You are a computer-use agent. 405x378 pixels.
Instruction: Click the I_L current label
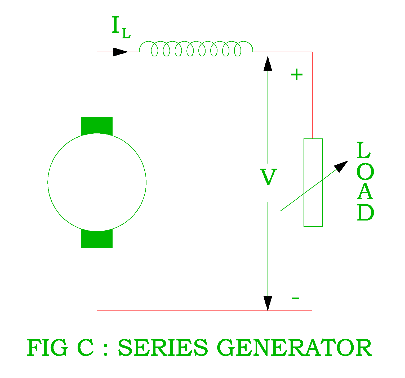(121, 27)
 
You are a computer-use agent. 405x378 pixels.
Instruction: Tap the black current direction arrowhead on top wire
(120, 52)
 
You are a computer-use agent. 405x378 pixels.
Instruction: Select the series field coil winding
(196, 49)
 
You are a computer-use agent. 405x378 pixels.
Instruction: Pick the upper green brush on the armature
(97, 125)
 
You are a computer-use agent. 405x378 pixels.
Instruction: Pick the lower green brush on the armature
(97, 240)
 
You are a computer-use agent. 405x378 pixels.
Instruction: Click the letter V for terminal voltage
(268, 177)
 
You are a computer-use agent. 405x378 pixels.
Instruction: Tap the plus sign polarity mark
(296, 75)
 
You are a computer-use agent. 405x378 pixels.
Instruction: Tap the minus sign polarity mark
(296, 298)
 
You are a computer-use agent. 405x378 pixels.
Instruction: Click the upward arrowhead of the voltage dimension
(268, 64)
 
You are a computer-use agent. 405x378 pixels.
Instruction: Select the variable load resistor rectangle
(313, 183)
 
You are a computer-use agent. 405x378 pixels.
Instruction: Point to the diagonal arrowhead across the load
(341, 166)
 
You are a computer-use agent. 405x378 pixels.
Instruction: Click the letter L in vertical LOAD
(363, 150)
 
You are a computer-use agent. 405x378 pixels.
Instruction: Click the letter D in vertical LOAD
(365, 213)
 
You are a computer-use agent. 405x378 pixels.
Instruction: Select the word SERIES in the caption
(163, 348)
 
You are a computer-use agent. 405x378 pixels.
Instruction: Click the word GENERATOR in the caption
(294, 348)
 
